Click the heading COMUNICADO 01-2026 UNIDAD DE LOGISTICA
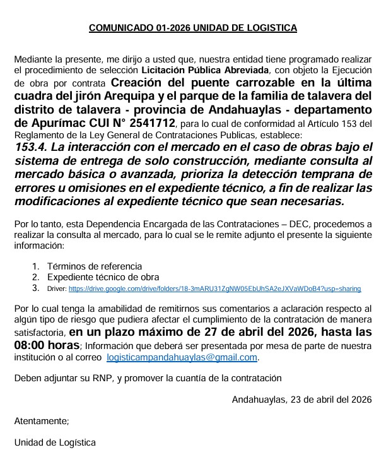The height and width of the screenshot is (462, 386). point(192,28)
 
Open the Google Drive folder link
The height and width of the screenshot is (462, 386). point(214,288)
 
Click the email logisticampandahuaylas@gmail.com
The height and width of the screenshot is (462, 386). point(182,357)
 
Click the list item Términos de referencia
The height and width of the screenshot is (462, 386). point(95,266)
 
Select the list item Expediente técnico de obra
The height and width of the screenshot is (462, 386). point(103,277)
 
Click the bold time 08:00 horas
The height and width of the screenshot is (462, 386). point(46,345)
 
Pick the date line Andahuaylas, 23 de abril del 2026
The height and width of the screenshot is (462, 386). point(301,399)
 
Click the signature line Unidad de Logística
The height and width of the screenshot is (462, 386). point(56,442)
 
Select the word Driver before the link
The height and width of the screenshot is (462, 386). point(56,288)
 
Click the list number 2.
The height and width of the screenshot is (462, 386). point(36,277)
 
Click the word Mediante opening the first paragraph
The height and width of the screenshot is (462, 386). point(33,58)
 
